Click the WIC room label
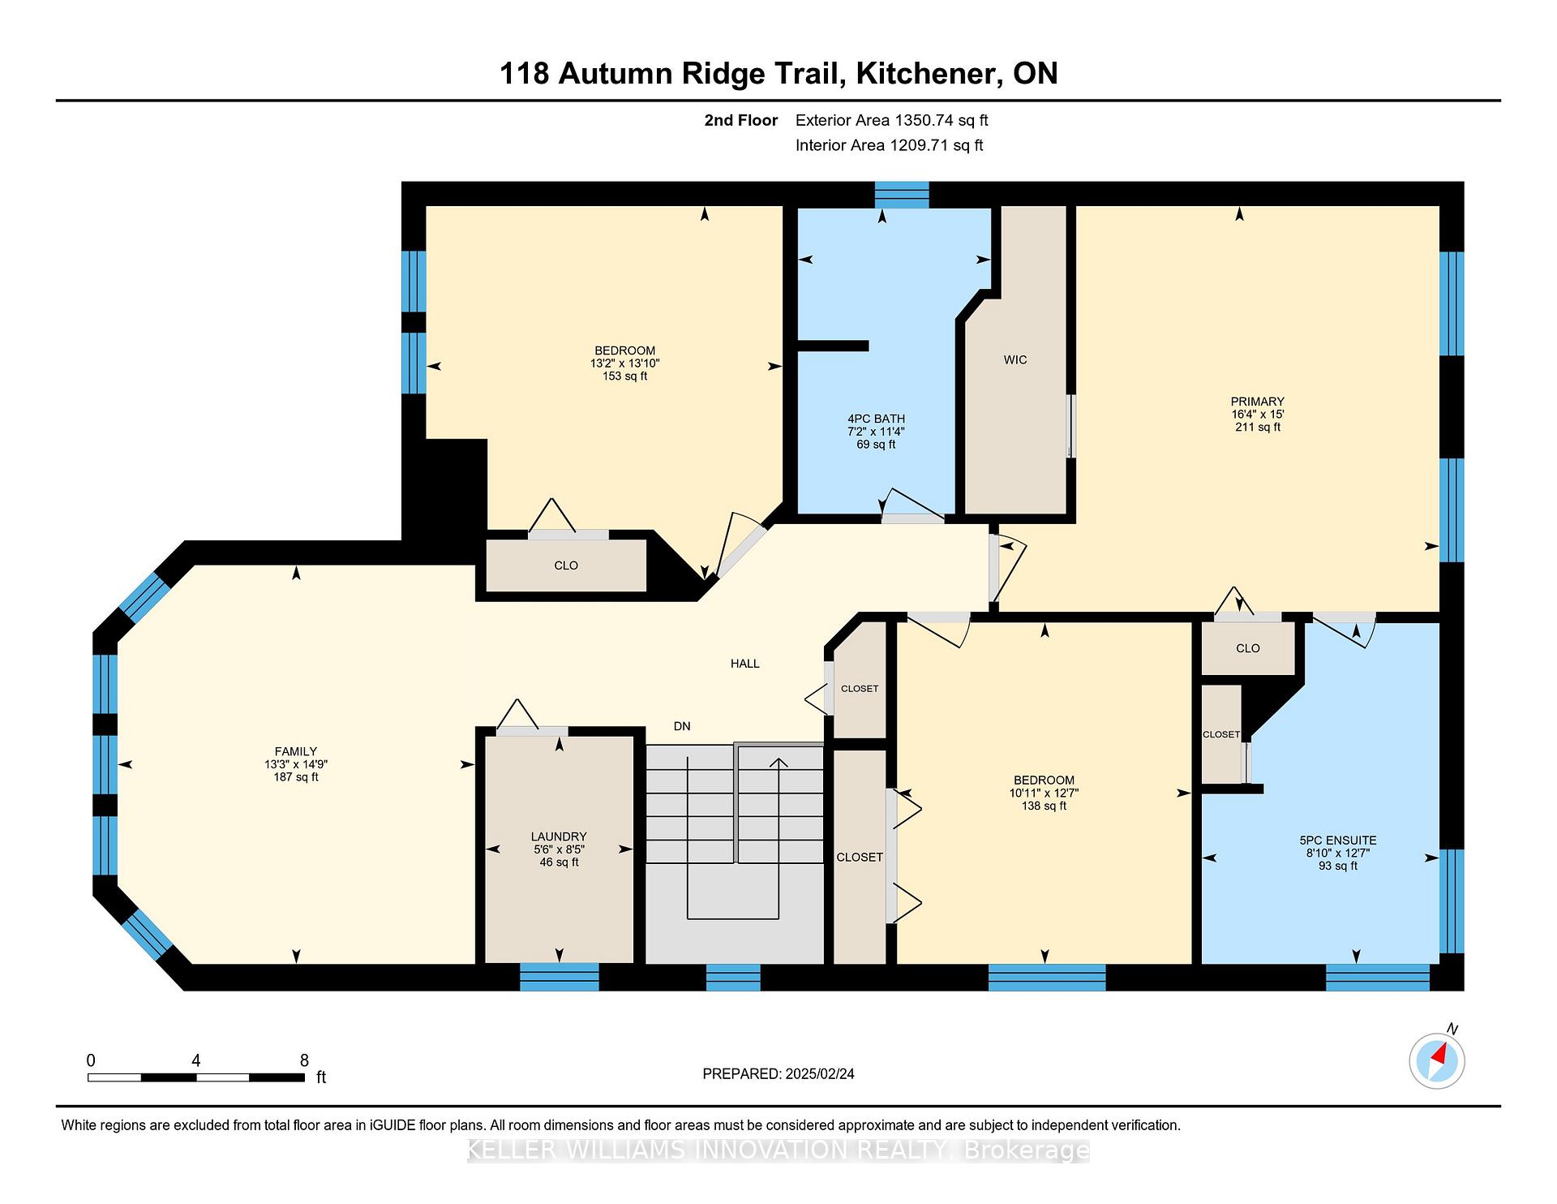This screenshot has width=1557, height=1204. click(x=1015, y=359)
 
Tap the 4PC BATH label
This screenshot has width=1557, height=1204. click(x=876, y=419)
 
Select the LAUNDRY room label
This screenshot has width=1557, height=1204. click(x=559, y=836)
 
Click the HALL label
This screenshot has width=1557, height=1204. click(x=744, y=664)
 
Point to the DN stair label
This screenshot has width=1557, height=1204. click(x=682, y=726)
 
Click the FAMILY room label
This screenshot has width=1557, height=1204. click(x=295, y=751)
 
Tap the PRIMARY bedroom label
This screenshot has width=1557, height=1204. click(x=1257, y=402)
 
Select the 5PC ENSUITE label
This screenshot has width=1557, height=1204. click(x=1337, y=841)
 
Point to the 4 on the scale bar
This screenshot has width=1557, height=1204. click(x=195, y=1060)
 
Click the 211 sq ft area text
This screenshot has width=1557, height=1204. click(x=1257, y=427)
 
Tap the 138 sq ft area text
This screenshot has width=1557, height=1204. click(x=1044, y=806)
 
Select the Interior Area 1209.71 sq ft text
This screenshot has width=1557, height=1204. click(x=889, y=145)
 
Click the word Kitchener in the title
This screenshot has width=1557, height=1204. click(x=926, y=74)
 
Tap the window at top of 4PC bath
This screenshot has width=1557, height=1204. click(x=902, y=195)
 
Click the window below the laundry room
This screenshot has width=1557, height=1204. click(x=559, y=977)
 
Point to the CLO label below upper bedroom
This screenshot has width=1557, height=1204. click(x=566, y=565)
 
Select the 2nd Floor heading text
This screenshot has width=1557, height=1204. click(x=740, y=121)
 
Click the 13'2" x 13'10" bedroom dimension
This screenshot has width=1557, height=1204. click(x=624, y=363)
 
